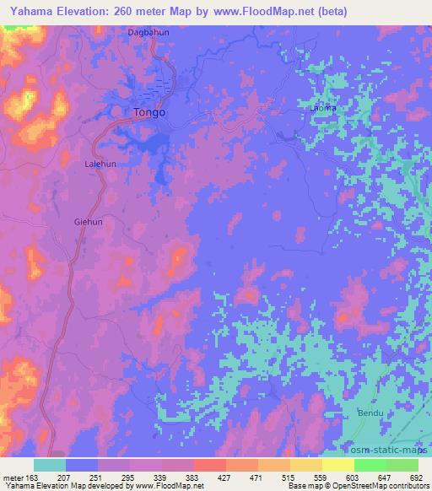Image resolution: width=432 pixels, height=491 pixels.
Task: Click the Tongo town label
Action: pos(149,111)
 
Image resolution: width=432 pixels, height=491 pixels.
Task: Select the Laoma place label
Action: pos(323,108)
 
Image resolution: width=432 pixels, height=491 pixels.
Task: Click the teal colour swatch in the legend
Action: pos(50,465)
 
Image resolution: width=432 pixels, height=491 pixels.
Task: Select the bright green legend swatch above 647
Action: pos(370,465)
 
